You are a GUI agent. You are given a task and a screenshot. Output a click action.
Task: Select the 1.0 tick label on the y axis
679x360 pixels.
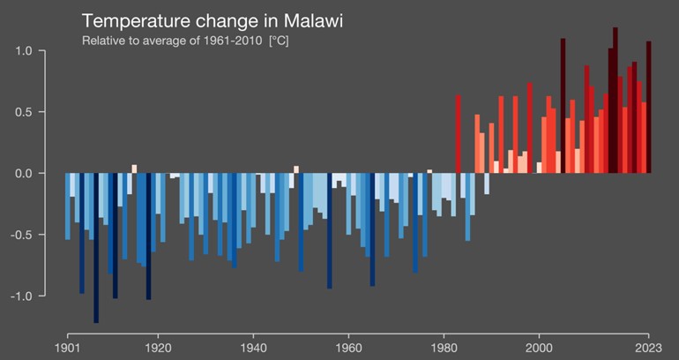tap(23, 51)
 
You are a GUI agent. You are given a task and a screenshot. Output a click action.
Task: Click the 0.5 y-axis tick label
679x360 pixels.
tap(23, 112)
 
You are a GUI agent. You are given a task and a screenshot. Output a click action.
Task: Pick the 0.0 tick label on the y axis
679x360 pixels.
tap(23, 174)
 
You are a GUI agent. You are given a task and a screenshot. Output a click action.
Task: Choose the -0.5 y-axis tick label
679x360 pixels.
tap(21, 235)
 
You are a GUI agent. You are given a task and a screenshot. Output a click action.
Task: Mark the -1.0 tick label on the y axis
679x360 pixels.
tap(21, 296)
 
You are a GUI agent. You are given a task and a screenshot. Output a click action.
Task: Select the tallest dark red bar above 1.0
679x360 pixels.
tap(616, 97)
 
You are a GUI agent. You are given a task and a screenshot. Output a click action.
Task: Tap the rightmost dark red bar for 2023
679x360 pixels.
tap(648, 106)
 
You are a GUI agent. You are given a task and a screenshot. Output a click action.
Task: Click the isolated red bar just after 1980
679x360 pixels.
tap(459, 132)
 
